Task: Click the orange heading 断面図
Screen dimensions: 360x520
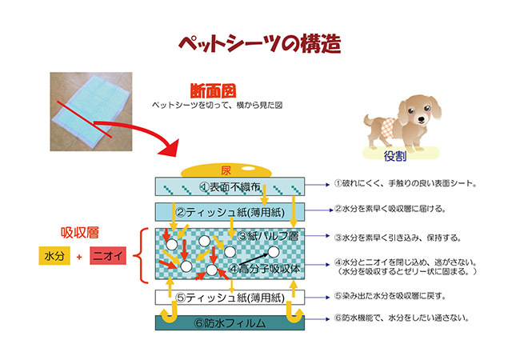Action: (216, 90)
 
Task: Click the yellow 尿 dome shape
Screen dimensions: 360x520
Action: (226, 170)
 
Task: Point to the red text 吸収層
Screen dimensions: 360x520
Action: (80, 233)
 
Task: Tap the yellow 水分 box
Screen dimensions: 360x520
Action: (54, 257)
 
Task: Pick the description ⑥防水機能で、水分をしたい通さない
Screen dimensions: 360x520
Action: (401, 318)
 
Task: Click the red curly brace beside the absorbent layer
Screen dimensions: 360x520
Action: (145, 255)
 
